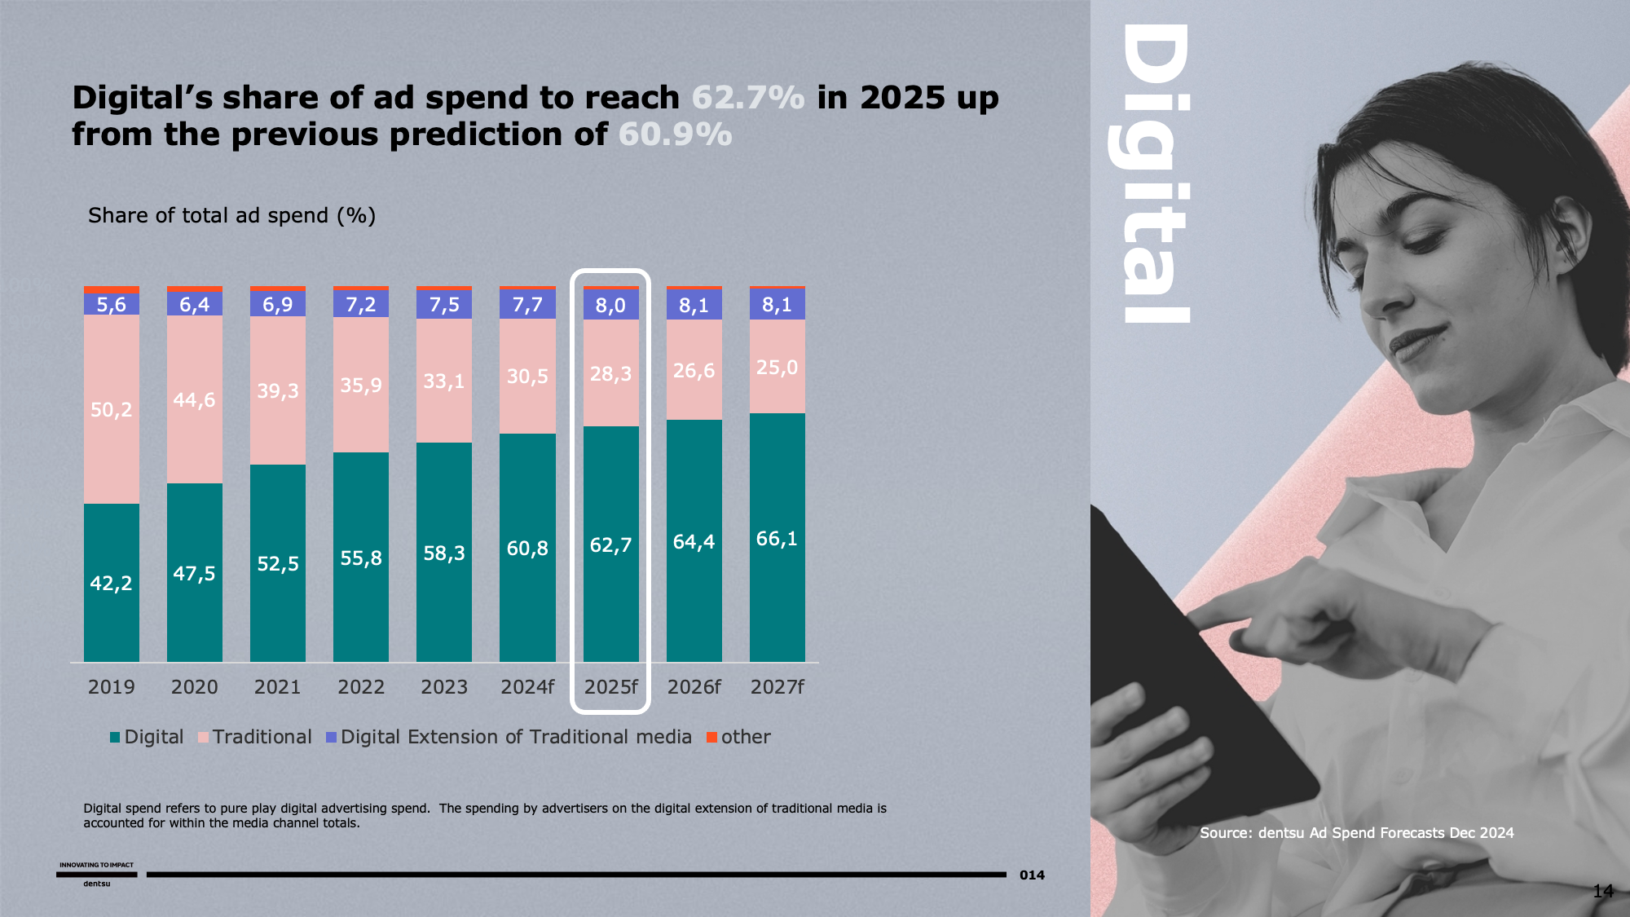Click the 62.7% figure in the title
point(747,98)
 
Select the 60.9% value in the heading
point(675,134)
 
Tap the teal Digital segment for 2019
point(112,582)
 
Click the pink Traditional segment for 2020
point(194,399)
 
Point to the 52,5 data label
point(278,563)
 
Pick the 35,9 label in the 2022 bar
point(361,385)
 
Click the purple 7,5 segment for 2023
point(444,305)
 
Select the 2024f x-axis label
point(527,687)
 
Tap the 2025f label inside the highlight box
point(610,687)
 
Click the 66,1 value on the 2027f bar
point(777,539)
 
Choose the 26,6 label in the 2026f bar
point(694,371)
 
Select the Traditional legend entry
point(254,737)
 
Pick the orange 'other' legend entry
point(738,737)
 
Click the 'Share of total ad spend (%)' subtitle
point(231,215)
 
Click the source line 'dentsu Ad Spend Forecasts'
point(1356,832)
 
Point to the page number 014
point(1032,875)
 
